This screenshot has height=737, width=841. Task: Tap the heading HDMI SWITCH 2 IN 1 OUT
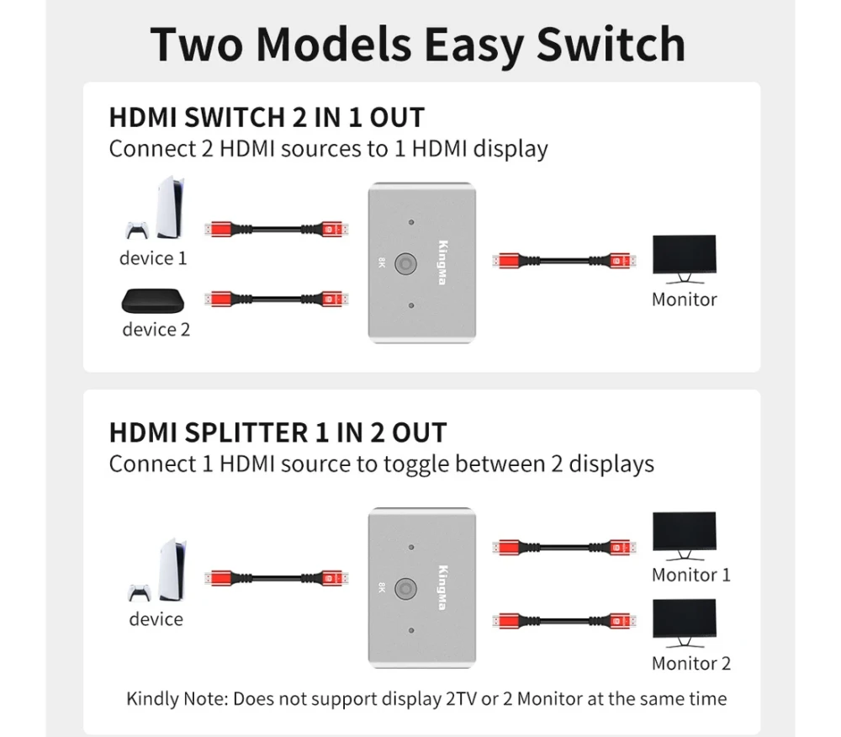pos(267,118)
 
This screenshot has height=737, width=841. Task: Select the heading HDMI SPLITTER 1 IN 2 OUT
pos(278,433)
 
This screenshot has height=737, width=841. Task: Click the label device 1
pos(153,258)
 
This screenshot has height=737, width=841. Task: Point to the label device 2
pos(156,329)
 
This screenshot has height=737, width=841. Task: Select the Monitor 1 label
pos(691,575)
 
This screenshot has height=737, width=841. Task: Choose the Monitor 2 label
pos(691,663)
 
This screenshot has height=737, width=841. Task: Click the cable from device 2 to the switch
pos(276,298)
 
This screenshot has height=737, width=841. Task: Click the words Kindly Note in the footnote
pos(176,698)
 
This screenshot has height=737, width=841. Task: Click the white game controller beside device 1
pos(136,230)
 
